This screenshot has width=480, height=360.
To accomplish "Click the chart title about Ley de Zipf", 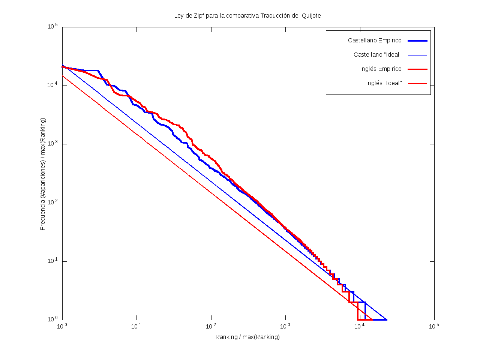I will [x=247, y=16].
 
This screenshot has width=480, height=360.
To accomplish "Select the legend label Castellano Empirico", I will [x=374, y=40].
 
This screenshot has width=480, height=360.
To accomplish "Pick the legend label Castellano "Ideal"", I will [x=377, y=55].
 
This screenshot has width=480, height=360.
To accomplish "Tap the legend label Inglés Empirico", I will [x=381, y=69].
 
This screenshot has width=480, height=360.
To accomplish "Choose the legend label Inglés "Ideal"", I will [x=384, y=83].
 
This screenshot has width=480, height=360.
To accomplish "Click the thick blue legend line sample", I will [x=417, y=40].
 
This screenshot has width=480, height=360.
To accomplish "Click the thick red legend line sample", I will [x=417, y=69].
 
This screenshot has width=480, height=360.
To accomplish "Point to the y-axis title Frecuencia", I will [x=43, y=174].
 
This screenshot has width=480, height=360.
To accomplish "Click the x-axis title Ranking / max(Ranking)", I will [x=247, y=337].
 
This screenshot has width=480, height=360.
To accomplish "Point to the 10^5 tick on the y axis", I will [x=52, y=27].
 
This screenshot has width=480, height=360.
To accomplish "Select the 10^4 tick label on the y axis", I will [x=52, y=85].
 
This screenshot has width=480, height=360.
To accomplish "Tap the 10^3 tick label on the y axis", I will [x=52, y=144].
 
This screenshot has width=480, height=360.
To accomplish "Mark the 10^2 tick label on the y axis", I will [x=52, y=203].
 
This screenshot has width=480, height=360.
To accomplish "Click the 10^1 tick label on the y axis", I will [x=52, y=261].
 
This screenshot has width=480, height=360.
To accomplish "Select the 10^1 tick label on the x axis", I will [x=136, y=326].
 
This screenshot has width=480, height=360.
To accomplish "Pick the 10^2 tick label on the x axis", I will [x=211, y=326].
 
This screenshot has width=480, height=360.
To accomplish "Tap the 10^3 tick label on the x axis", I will [x=285, y=326].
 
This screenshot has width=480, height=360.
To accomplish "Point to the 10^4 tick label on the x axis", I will [x=360, y=326].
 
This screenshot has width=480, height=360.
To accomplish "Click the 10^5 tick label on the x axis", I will [x=434, y=326].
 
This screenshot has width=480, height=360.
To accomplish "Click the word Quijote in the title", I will [x=311, y=16].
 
